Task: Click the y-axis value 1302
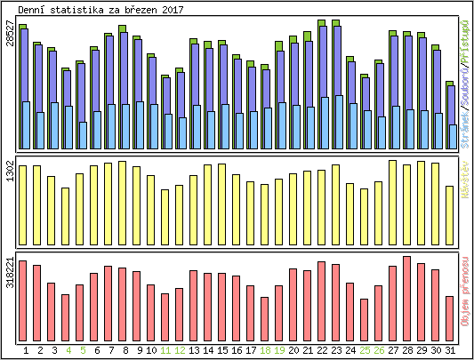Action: click(x=10, y=172)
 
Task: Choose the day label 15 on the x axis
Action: click(x=222, y=349)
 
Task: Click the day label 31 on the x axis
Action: click(x=450, y=349)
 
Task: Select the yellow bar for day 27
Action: click(x=392, y=191)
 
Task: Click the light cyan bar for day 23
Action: click(x=338, y=123)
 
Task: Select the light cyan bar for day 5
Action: click(x=83, y=136)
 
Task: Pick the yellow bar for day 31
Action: click(x=450, y=204)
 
